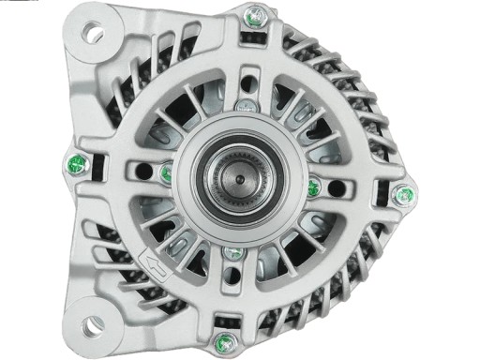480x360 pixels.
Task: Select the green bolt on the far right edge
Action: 406,195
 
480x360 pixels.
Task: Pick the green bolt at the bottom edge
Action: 223,338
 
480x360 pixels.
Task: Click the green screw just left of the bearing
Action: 166,172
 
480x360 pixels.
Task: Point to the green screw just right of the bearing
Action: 313,187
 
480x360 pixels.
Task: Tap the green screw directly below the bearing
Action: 232,253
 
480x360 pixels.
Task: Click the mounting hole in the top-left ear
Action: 94,35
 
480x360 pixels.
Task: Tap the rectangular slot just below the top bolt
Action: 251,41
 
